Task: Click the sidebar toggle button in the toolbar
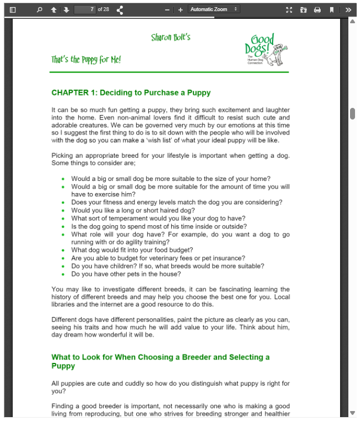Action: [x=13, y=9]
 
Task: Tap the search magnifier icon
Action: [x=39, y=9]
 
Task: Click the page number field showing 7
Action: [x=85, y=9]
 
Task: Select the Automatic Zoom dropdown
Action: [x=214, y=9]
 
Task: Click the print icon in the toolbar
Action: [x=317, y=9]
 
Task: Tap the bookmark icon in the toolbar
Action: [x=332, y=9]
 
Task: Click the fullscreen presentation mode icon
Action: [x=289, y=9]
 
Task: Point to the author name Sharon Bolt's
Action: [x=171, y=37]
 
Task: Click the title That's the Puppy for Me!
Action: [x=86, y=60]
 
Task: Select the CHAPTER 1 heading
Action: [x=131, y=92]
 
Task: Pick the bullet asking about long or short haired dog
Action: [x=133, y=210]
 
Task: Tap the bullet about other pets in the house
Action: [x=126, y=274]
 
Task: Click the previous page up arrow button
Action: [x=54, y=9]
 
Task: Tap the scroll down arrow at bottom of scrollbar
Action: [x=352, y=413]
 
